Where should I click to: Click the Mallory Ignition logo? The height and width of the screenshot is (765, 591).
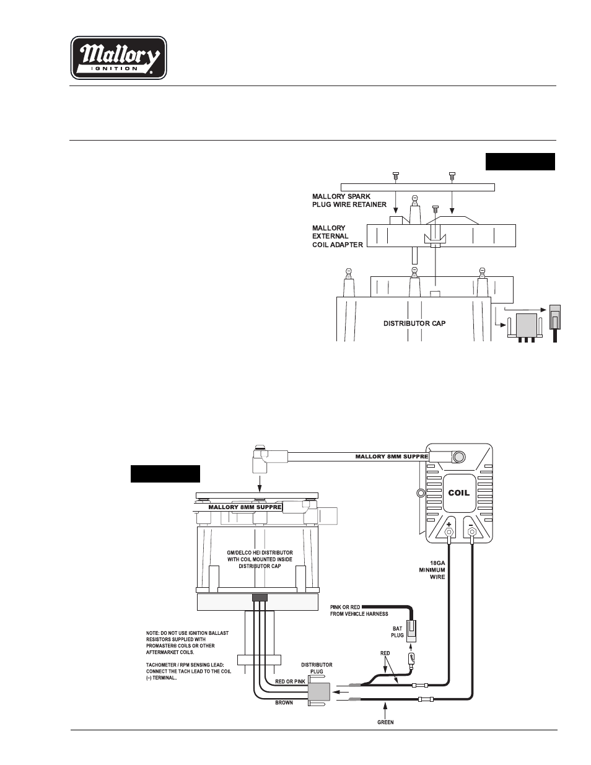[118, 58]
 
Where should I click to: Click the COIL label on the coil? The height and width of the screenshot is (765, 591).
[458, 493]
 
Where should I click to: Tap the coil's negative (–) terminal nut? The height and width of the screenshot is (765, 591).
[471, 532]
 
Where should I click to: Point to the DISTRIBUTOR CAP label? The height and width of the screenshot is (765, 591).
[414, 323]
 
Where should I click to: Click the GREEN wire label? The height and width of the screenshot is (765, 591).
[385, 722]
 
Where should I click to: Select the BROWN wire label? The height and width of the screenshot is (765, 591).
[284, 702]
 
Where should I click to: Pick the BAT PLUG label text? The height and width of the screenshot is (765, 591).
[397, 632]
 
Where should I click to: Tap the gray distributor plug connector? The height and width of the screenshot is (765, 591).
[319, 693]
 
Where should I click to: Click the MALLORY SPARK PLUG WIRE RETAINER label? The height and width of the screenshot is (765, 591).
[349, 200]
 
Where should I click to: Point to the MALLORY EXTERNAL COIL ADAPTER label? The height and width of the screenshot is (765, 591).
[337, 236]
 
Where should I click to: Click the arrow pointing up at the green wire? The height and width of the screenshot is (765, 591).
[386, 709]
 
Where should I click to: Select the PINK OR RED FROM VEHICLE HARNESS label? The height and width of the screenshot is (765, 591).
[359, 610]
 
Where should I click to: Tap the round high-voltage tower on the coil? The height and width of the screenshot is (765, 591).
[458, 457]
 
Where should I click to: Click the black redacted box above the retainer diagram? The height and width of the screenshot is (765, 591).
[520, 162]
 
